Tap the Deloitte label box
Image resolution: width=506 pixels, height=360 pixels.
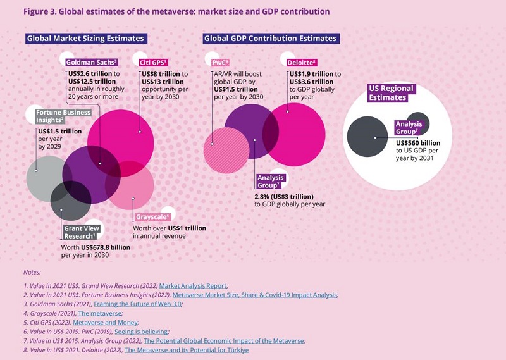pos(302,62)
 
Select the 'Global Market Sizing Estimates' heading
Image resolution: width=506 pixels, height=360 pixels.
pos(85,39)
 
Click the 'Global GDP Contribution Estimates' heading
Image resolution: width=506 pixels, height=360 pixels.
pos(270,39)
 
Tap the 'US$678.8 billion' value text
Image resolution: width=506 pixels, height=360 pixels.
pos(96,247)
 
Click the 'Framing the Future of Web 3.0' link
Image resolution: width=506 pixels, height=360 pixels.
pos(152,304)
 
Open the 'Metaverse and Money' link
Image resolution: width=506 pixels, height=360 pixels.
pos(144,322)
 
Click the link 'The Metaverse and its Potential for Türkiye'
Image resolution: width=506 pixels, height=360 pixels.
pos(187,349)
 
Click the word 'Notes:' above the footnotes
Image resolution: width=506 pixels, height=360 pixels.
pos(32,272)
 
